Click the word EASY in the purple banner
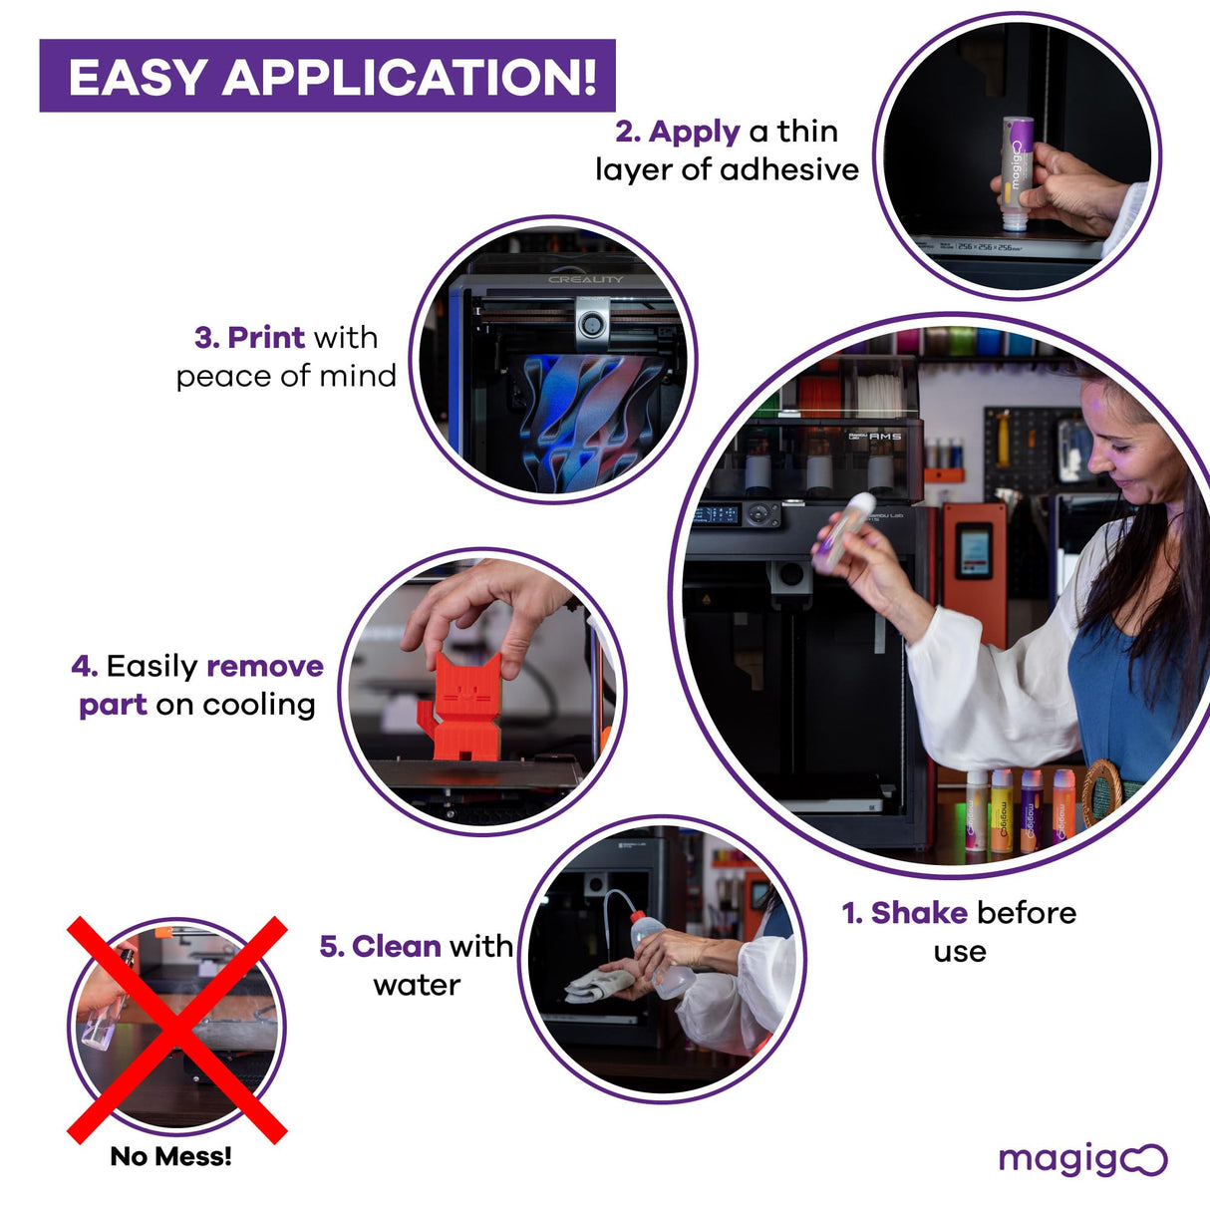coord(137,78)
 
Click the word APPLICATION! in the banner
coord(409,78)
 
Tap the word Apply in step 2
coord(694,132)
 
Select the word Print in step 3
coord(266,338)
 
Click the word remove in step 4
coord(265,666)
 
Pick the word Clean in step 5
coord(396,946)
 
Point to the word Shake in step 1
coord(919,913)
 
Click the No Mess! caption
coord(170,1156)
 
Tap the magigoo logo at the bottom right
coord(1082,1159)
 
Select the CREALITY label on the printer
coord(585,280)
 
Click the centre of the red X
coord(176,1030)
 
